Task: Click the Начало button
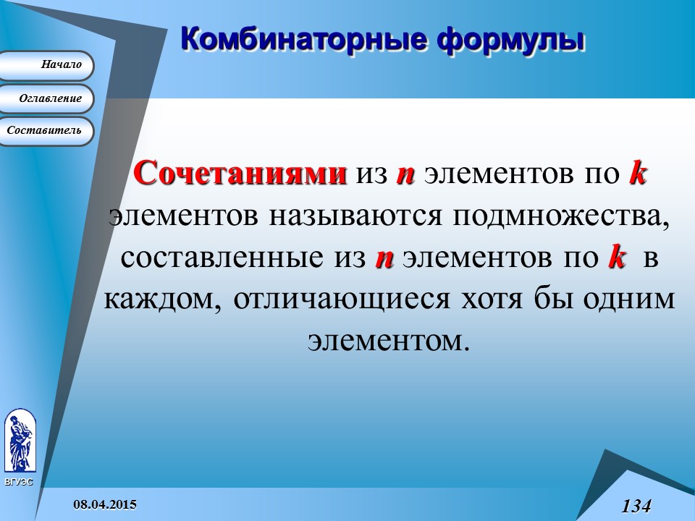[x=47, y=65]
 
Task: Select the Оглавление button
[x=47, y=98]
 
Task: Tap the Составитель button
[x=47, y=131]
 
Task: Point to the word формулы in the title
[x=511, y=38]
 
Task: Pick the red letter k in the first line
[x=636, y=174]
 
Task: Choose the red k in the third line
[x=616, y=258]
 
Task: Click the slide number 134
[x=636, y=505]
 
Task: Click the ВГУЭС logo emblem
[x=19, y=441]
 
